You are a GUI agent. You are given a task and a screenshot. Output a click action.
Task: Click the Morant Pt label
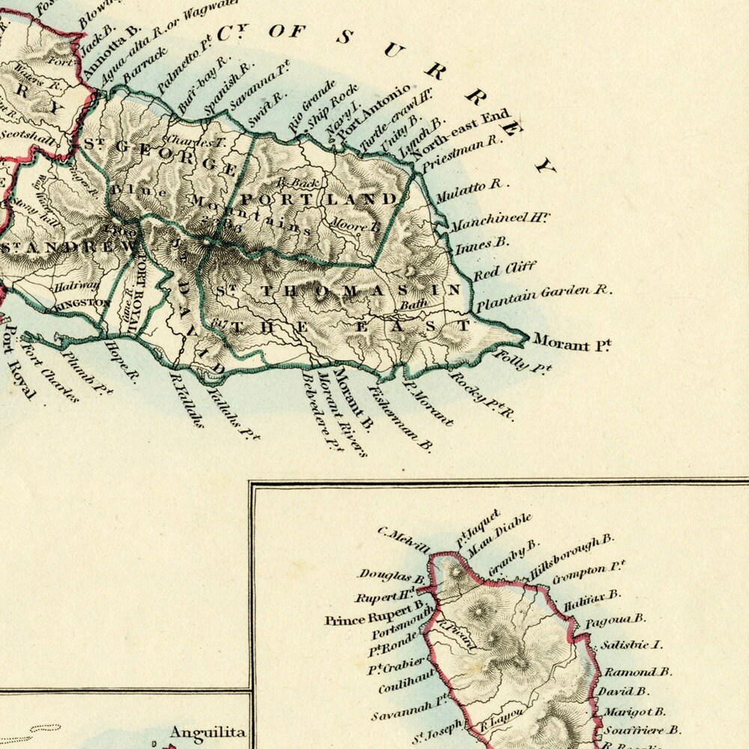click(x=571, y=343)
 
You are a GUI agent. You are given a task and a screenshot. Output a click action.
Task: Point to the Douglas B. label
click(x=392, y=576)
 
